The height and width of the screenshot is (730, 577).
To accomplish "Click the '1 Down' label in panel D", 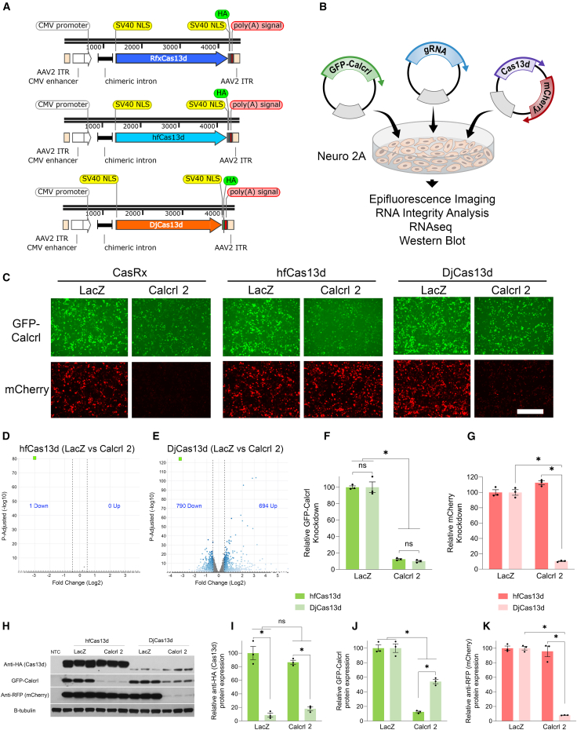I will (x=39, y=484).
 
